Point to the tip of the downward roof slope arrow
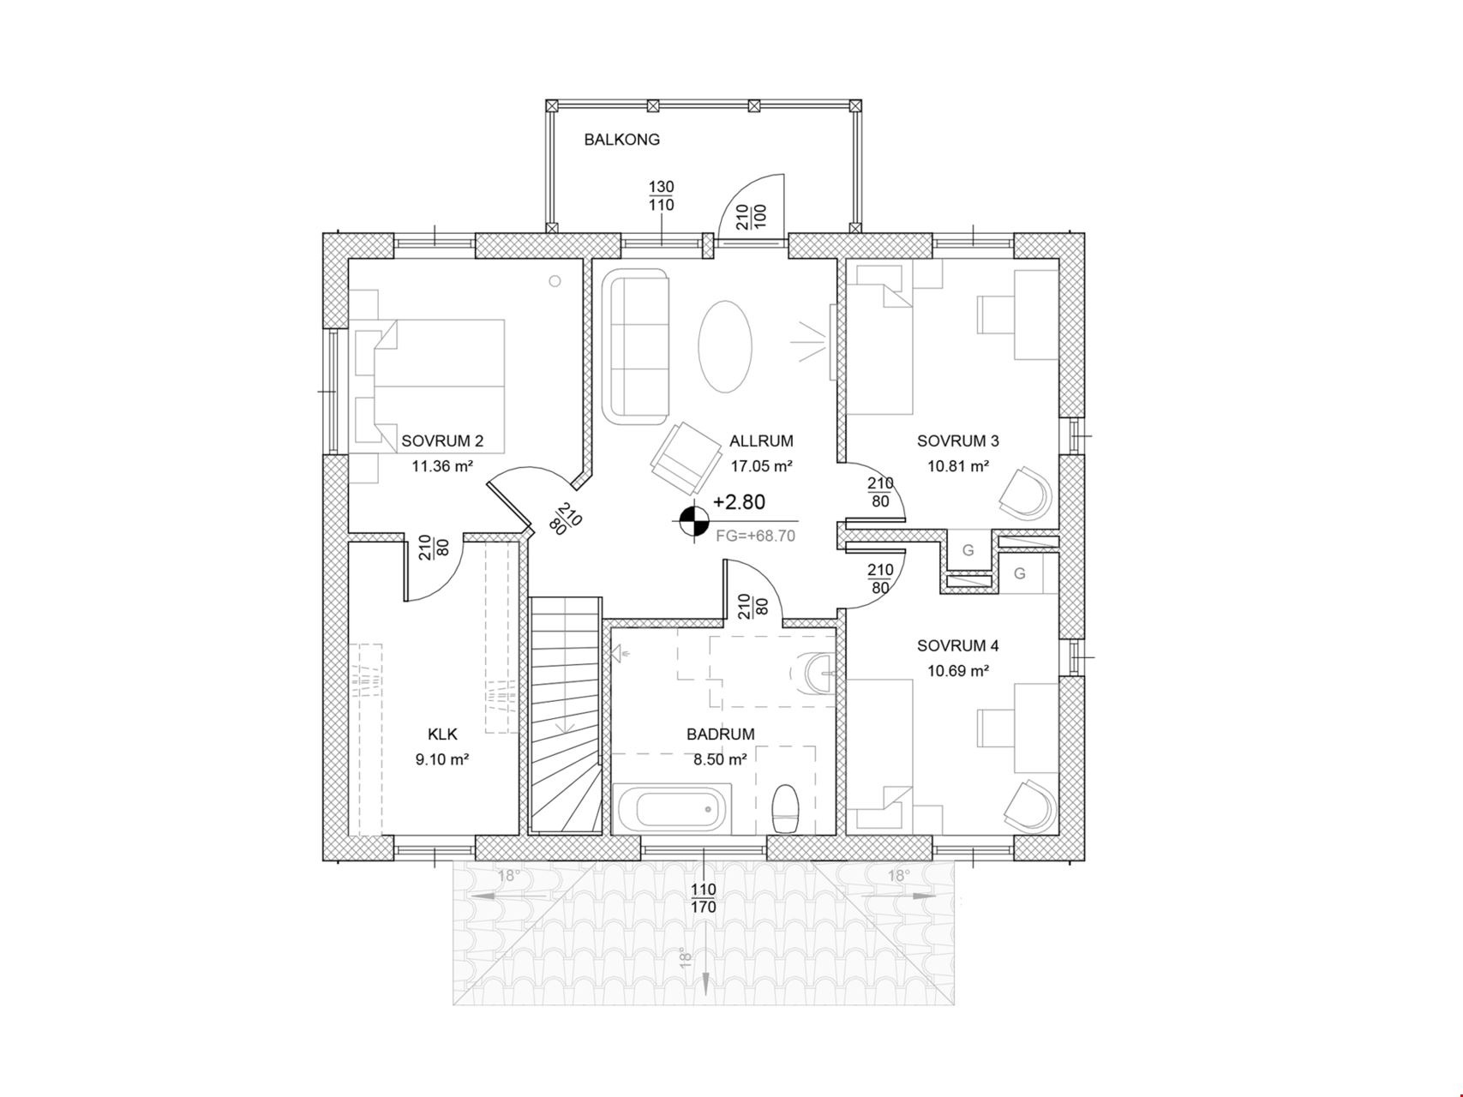[705, 995]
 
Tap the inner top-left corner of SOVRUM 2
[348, 259]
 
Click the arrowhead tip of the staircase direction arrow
[564, 734]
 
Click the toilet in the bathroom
[785, 809]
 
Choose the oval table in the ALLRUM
[726, 346]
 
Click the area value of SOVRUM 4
[958, 671]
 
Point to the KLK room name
[442, 734]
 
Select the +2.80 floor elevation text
[739, 502]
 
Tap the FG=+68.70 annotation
[755, 536]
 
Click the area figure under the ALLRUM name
[761, 467]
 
